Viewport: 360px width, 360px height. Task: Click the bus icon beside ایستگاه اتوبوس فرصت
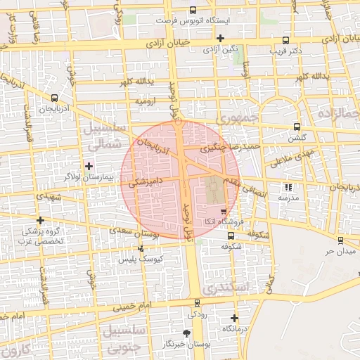coord(193,11)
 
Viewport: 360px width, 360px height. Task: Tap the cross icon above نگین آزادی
coord(221,38)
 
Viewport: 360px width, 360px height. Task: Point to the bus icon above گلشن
coord(297,127)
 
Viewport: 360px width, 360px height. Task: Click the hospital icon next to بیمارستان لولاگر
coord(89,166)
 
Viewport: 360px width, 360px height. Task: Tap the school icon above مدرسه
coord(288,187)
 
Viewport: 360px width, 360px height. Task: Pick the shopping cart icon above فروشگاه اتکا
coord(224,210)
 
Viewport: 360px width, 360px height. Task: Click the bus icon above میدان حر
coord(340,239)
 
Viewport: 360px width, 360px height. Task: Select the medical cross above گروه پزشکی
coord(40,220)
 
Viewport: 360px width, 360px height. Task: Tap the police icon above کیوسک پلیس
coord(141,248)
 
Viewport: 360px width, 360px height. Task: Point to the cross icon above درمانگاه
coord(234,318)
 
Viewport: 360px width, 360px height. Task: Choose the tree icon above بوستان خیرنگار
coord(186,333)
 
